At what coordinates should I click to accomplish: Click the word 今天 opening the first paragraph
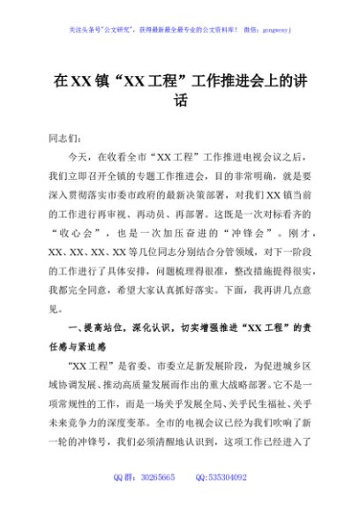point(79,157)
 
